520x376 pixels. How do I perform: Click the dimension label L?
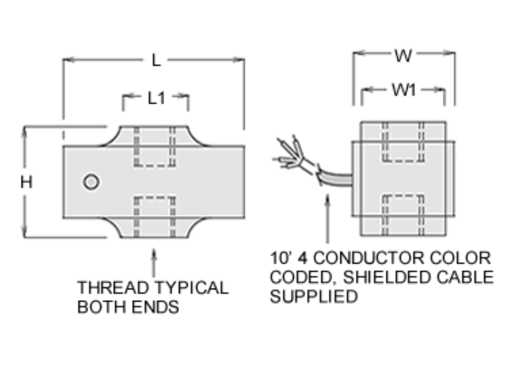(156, 61)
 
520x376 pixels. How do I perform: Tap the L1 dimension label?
(156, 98)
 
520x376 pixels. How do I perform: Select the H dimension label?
(26, 182)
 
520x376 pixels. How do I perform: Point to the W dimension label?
(402, 55)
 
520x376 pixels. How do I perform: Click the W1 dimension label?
(403, 90)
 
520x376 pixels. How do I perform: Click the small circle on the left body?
(90, 182)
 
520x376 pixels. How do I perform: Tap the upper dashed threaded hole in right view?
(402, 141)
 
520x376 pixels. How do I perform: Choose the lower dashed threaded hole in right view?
(402, 215)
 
